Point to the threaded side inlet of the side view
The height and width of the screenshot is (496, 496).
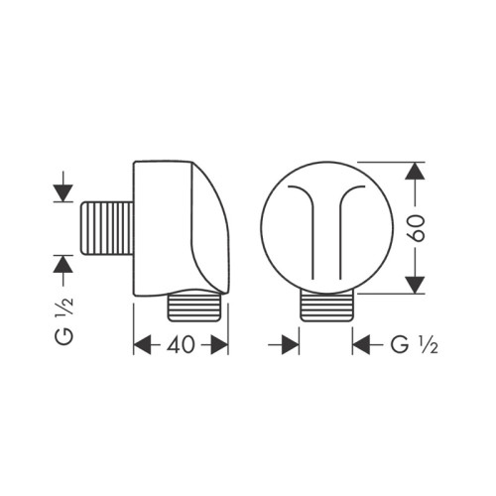click(x=104, y=227)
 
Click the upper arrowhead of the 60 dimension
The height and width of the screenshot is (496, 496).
click(x=416, y=171)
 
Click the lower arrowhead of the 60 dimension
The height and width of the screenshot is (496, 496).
click(x=416, y=285)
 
